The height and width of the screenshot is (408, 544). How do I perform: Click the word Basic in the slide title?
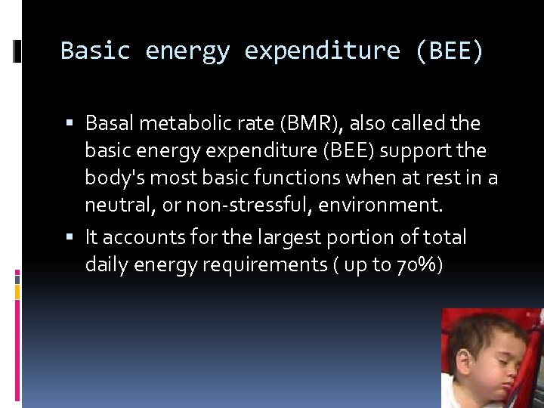[x=95, y=51]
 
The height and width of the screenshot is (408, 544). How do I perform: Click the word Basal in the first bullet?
[x=110, y=122]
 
